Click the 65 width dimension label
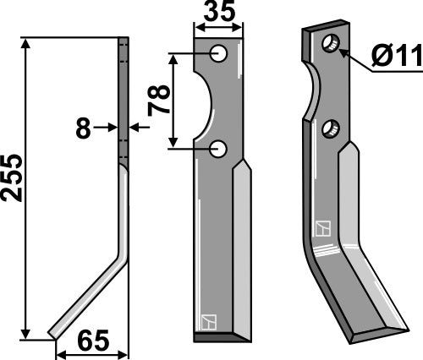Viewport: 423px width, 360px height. [94, 342]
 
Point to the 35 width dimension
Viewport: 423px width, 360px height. [218, 14]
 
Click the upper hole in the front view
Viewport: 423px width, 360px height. [220, 54]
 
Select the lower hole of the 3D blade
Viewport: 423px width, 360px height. [330, 128]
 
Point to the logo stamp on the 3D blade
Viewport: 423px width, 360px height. [322, 228]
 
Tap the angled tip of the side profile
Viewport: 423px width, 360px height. [55, 331]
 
